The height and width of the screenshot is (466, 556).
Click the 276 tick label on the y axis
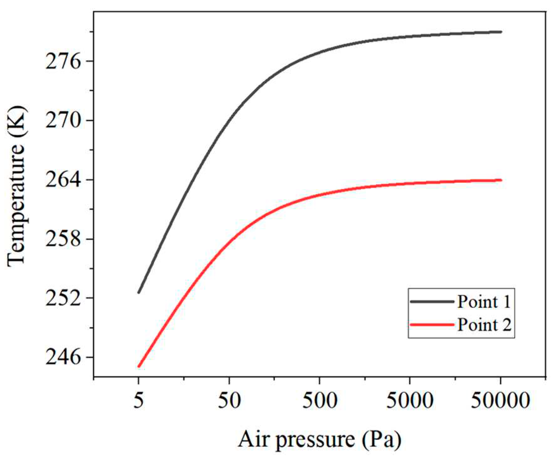63,62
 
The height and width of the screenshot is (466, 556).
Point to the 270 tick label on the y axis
63,121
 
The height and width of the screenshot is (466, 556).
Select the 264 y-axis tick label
63,180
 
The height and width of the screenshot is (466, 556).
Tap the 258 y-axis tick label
63,240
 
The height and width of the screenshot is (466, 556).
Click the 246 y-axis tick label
63,358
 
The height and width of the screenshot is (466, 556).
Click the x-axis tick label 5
139,401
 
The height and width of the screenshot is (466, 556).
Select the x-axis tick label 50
229,401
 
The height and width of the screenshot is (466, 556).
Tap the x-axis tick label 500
320,401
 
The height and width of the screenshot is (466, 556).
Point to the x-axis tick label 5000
410,401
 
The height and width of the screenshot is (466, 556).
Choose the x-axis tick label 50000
500,401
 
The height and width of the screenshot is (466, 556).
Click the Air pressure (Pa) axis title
320,440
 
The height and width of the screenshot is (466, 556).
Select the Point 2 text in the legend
484,325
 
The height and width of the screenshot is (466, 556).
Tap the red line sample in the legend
432,325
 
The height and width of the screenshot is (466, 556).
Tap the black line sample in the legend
432,301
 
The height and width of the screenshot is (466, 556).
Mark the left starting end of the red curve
139,366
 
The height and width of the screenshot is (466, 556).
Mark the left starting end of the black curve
139,293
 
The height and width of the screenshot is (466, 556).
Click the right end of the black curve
501,32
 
